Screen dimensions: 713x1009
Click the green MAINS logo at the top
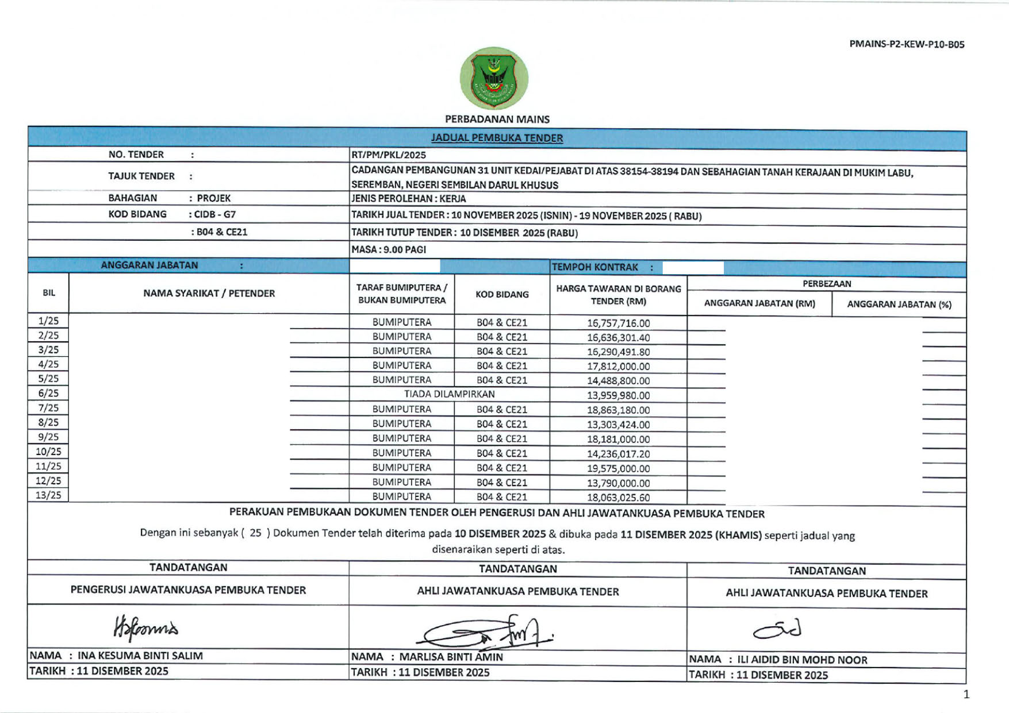(x=494, y=78)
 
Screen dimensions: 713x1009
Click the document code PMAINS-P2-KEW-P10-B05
(x=907, y=44)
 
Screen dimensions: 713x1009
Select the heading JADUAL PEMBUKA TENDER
(x=497, y=138)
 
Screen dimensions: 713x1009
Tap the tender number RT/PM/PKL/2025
(x=389, y=155)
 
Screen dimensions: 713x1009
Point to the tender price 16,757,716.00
(x=618, y=323)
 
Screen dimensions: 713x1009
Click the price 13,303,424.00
(x=618, y=425)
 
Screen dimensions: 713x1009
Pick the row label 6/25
(x=48, y=394)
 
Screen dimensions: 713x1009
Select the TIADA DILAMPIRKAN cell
(x=449, y=394)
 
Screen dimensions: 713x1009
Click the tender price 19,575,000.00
(x=618, y=468)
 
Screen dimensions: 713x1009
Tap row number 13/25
(x=48, y=495)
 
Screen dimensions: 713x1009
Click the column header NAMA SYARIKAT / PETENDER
(x=209, y=294)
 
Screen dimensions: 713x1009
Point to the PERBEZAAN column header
(x=827, y=284)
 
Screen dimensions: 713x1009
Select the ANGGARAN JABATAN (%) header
(x=899, y=305)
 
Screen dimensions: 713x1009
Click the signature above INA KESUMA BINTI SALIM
(x=146, y=629)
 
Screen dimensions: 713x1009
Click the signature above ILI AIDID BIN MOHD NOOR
(x=777, y=630)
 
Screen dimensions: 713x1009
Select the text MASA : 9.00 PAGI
(x=389, y=249)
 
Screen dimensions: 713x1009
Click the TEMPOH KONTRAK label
(x=595, y=267)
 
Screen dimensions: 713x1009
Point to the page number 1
(x=966, y=694)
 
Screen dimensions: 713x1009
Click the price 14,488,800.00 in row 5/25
(x=618, y=381)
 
